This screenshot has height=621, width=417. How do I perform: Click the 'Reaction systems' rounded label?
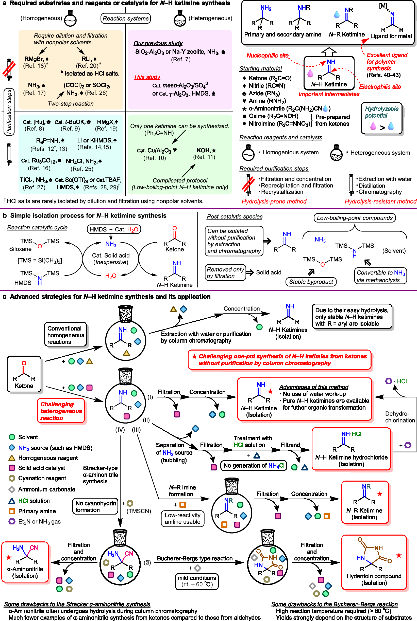pyautogui.click(x=126, y=18)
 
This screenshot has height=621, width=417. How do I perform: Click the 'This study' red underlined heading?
pyautogui.click(x=147, y=77)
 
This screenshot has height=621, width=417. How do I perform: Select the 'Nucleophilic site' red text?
pyautogui.click(x=267, y=56)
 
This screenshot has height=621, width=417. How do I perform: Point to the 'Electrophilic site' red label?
pyautogui.click(x=380, y=87)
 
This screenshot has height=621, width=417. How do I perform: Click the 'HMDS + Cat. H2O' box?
pyautogui.click(x=114, y=229)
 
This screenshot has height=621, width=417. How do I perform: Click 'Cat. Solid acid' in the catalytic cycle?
pyautogui.click(x=111, y=255)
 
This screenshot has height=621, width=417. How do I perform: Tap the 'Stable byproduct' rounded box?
pyautogui.click(x=311, y=282)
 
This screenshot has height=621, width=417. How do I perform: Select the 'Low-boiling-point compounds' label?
pyautogui.click(x=355, y=218)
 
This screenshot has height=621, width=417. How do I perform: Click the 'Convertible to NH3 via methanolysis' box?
pyautogui.click(x=380, y=276)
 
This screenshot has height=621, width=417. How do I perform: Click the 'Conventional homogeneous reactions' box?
pyautogui.click(x=65, y=335)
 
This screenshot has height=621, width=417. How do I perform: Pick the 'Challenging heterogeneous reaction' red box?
pyautogui.click(x=61, y=411)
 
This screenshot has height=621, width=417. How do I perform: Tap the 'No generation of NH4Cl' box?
pyautogui.click(x=254, y=465)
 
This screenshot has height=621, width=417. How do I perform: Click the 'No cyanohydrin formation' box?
pyautogui.click(x=95, y=506)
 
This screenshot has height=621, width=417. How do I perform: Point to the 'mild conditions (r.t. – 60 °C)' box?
pyautogui.click(x=197, y=581)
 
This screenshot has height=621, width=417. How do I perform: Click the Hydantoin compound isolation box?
pyautogui.click(x=374, y=562)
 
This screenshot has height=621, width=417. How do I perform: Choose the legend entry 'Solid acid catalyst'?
pyautogui.click(x=41, y=468)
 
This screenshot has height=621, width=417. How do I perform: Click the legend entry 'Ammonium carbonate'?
pyautogui.click(x=46, y=489)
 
